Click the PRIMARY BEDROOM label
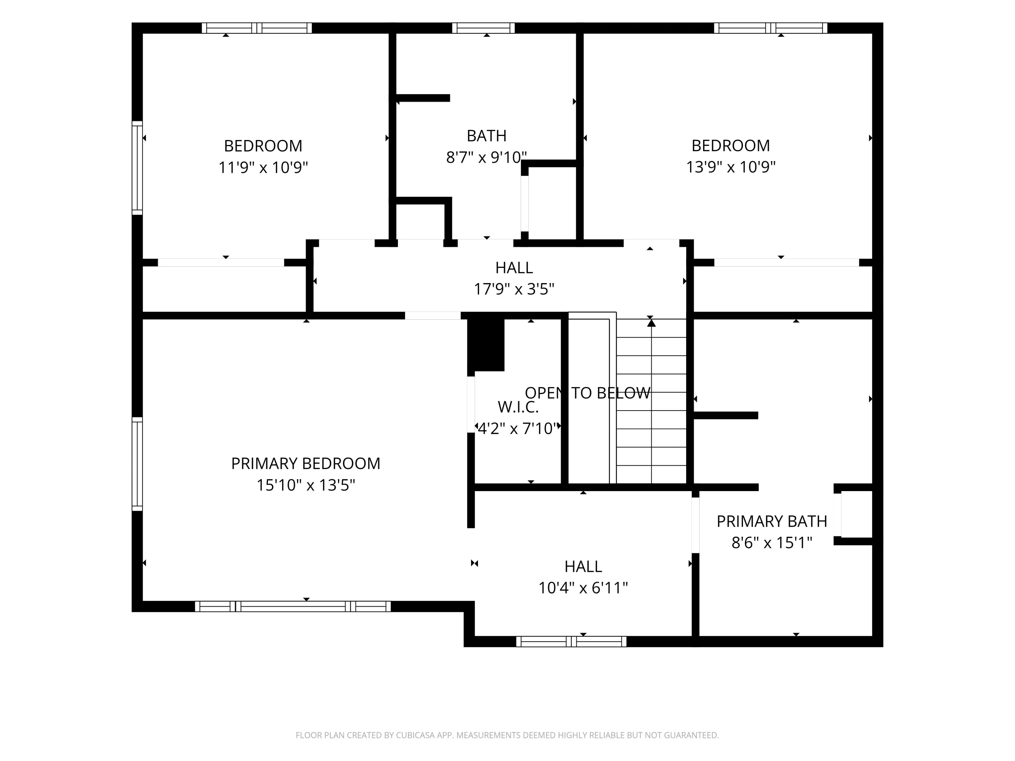click(x=306, y=463)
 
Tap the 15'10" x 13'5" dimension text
click(x=306, y=485)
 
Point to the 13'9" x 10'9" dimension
click(x=730, y=167)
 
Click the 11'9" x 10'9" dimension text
click(x=263, y=167)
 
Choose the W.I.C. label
click(x=518, y=407)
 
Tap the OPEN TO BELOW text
click(x=587, y=393)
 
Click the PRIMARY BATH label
click(x=772, y=521)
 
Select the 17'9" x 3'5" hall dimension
click(x=514, y=289)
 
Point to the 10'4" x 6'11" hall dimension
click(x=583, y=587)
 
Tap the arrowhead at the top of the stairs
click(x=651, y=323)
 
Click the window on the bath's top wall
click(x=483, y=28)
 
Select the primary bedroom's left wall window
click(x=137, y=464)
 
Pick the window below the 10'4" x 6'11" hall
click(x=571, y=642)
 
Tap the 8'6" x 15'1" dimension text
click(x=772, y=543)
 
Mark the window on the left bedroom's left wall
click(x=137, y=168)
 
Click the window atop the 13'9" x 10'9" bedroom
click(x=770, y=28)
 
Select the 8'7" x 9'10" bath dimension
click(x=487, y=157)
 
